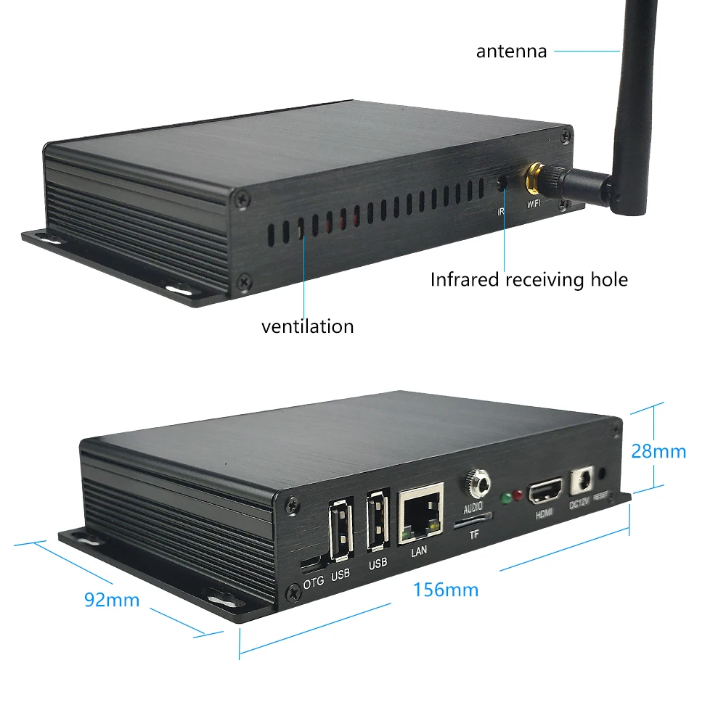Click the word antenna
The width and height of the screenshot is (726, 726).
[x=511, y=51]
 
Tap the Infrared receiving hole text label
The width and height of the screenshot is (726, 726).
[x=529, y=279]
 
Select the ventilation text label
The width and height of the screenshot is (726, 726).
[x=307, y=326]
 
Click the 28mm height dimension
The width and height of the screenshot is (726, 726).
[x=658, y=451]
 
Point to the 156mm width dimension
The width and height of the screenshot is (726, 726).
[x=446, y=590]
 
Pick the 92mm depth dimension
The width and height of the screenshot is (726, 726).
[x=111, y=600]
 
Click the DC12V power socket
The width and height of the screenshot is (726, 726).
[x=582, y=481]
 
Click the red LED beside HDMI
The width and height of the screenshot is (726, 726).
[x=518, y=496]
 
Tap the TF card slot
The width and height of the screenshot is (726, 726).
[x=472, y=520]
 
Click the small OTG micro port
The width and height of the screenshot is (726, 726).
[x=312, y=564]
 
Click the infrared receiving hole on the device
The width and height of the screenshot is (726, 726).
[x=502, y=183]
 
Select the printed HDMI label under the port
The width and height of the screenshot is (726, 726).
[x=544, y=516]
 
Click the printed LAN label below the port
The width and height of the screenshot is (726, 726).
[x=420, y=550]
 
